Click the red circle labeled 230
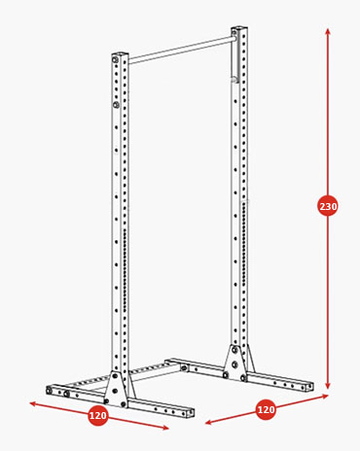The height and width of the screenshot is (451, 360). coord(328,206)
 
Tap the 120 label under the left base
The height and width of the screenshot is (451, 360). coord(98,415)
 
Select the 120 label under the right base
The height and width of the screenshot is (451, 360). coord(266,409)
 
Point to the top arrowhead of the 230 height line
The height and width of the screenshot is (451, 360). coord(328,31)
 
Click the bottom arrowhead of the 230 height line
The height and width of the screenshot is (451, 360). coord(328,386)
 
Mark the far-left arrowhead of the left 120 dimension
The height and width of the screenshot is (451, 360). coord(32,403)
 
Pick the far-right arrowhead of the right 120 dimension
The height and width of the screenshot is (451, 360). coord(325,396)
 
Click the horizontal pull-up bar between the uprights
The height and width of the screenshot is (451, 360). coord(182,50)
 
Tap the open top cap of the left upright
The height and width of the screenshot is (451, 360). coord(120,54)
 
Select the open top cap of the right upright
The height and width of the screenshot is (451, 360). coord(239,29)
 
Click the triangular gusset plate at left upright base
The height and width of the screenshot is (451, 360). coord(115,388)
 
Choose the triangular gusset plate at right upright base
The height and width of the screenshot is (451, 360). coord(234,361)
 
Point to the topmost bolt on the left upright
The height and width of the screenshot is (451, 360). coord(115,59)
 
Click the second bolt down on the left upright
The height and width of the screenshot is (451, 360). coord(116,105)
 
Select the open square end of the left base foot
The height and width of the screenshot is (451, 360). coord(191,412)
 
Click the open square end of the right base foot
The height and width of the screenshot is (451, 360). coord(310,387)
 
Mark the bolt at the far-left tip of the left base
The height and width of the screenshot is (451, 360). coord(49,391)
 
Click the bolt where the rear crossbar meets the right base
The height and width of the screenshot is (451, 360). coord(184,368)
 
